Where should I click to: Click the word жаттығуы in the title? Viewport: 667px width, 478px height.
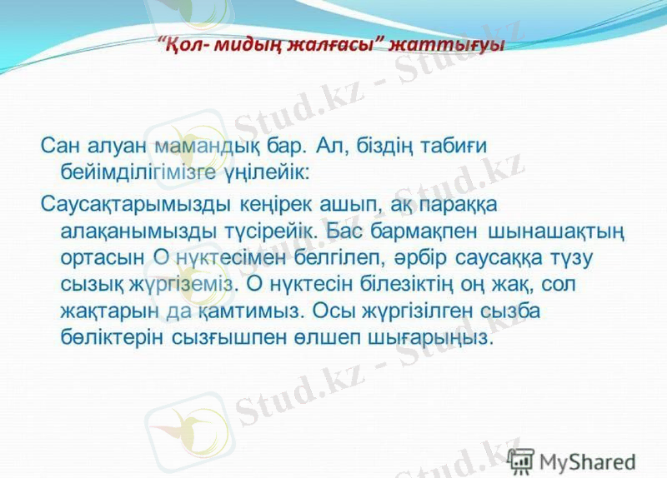tap(455, 44)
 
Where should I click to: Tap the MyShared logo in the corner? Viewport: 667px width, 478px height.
tap(570, 460)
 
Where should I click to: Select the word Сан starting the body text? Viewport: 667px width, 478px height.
tap(59, 146)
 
